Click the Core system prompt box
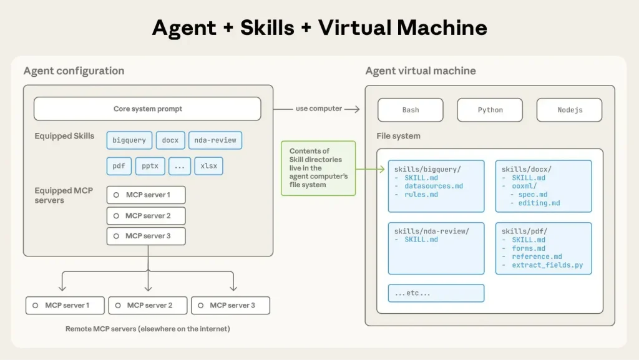point(147,109)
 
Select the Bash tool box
point(410,110)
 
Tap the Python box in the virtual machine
point(490,110)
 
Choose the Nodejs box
point(569,110)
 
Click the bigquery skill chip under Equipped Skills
point(129,140)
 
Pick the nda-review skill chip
point(215,140)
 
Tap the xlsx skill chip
point(208,167)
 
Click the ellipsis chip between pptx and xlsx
point(179,167)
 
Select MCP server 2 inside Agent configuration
point(146,216)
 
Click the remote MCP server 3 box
point(230,305)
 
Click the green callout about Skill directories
point(318,168)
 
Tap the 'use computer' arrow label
point(319,109)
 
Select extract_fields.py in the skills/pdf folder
point(547,265)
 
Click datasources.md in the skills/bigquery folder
point(434,186)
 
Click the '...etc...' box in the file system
point(436,293)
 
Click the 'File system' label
point(398,136)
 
